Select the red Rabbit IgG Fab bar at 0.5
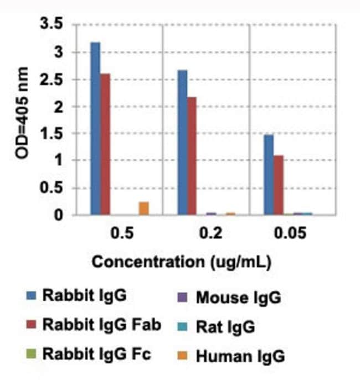tap(105, 144)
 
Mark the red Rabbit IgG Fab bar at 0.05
tap(278, 185)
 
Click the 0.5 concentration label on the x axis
tap(121, 234)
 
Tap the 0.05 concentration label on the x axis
tap(290, 234)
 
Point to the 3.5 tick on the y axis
tap(55, 25)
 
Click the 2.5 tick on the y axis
tap(55, 80)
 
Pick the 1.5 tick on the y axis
tap(55, 134)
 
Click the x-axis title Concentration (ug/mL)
tap(181, 262)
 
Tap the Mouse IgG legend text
tap(238, 298)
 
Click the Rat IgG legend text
tap(225, 327)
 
